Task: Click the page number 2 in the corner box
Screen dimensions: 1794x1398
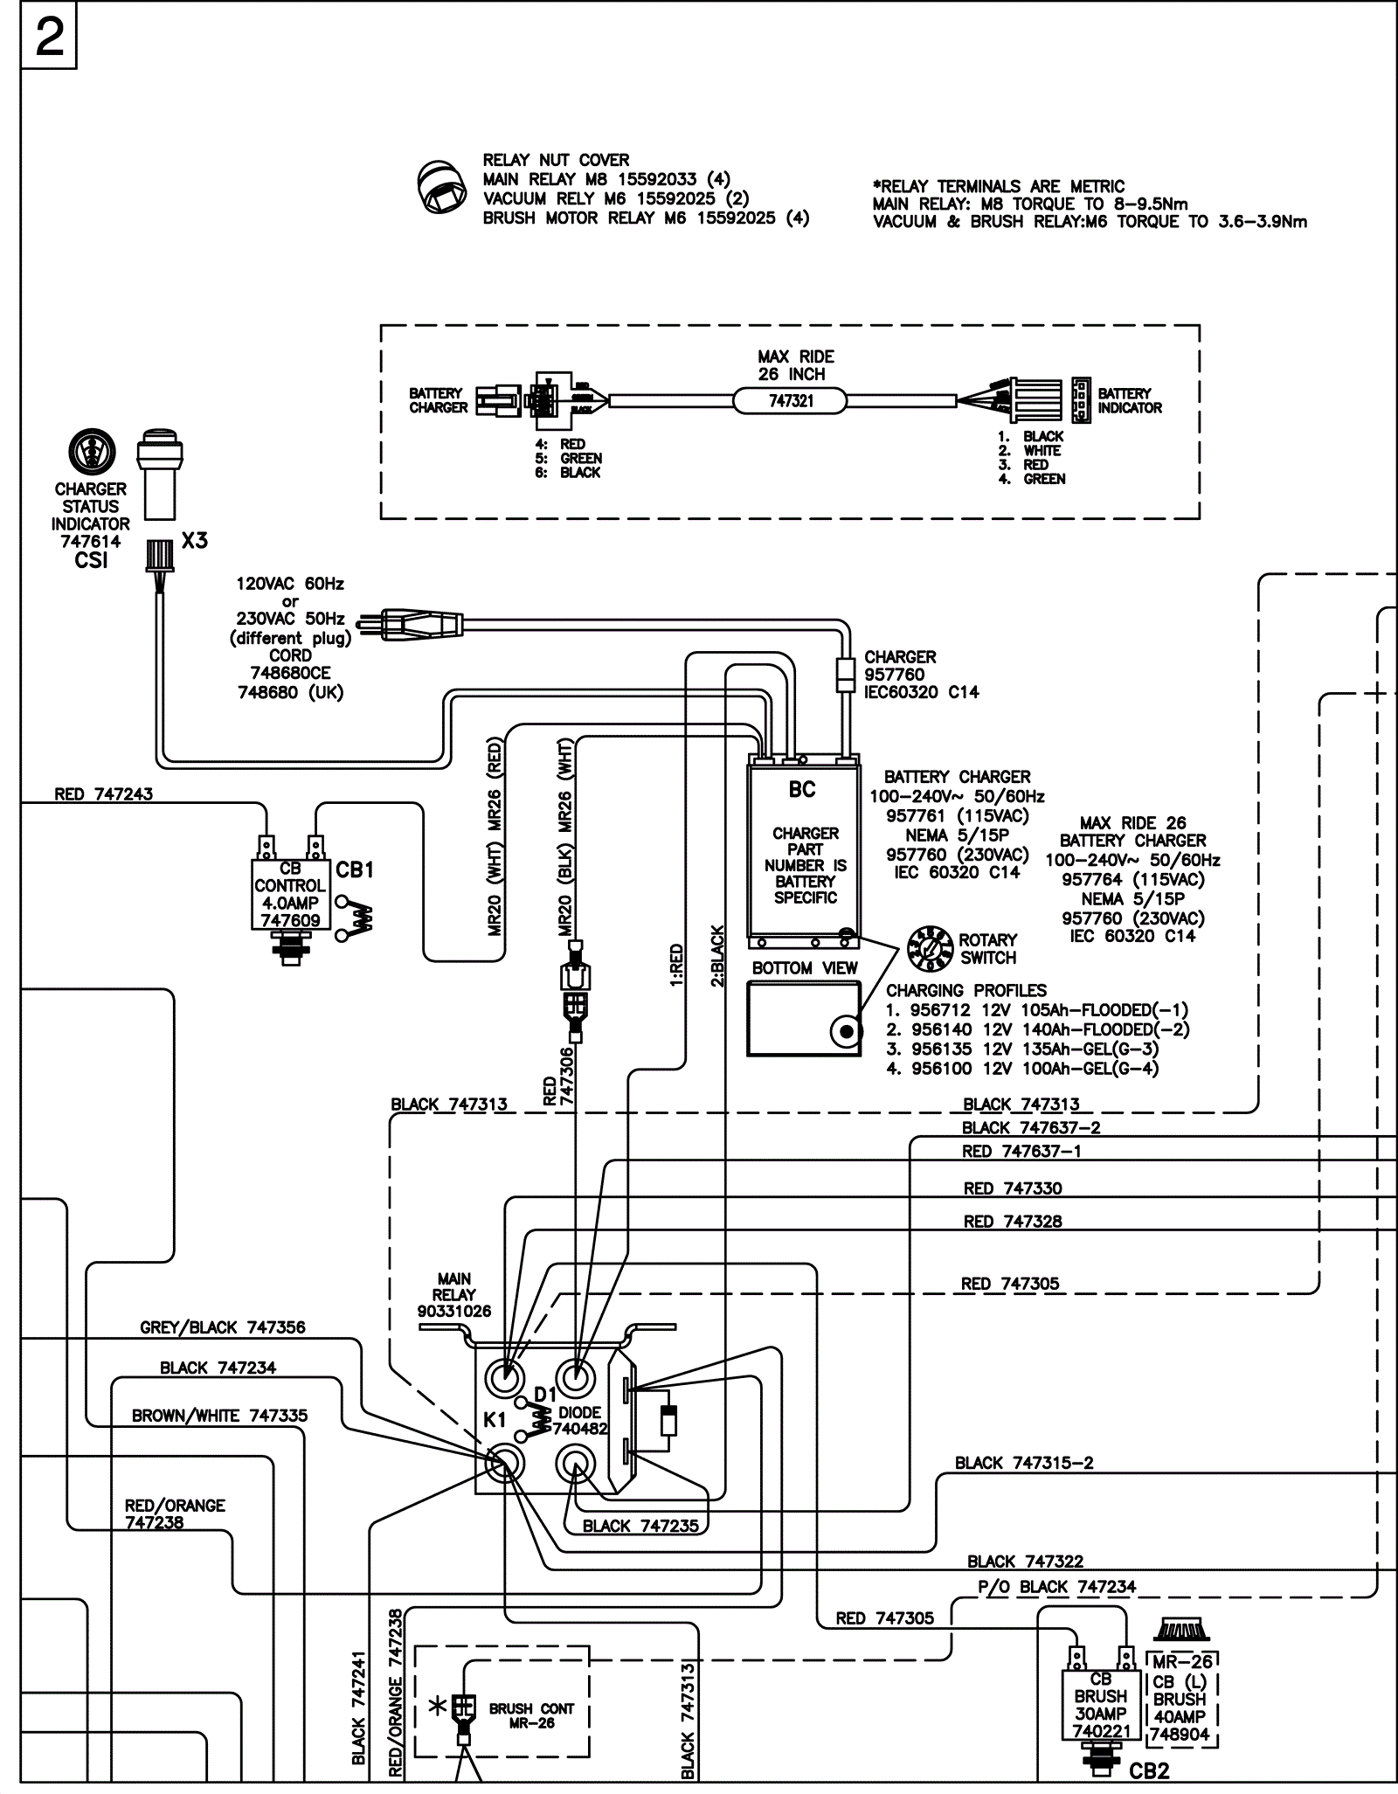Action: tap(50, 37)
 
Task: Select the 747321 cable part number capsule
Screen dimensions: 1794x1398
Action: tap(790, 401)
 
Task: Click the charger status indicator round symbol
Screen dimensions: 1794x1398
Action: tap(92, 452)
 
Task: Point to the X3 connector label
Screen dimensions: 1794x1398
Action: tap(195, 541)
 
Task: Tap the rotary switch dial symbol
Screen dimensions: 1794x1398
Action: tap(930, 949)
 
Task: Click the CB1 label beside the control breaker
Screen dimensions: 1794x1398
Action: tap(355, 870)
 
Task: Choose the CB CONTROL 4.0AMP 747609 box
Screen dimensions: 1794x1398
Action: tap(290, 895)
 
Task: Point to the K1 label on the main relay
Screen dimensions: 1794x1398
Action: tap(495, 1420)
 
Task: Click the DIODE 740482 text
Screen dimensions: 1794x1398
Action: tap(579, 1421)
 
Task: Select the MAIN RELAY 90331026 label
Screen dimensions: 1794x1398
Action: tap(453, 1295)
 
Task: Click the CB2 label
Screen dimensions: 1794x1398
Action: tap(1149, 1771)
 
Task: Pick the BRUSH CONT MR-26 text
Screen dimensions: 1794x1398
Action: tap(531, 1715)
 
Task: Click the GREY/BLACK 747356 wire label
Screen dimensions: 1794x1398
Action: tap(223, 1327)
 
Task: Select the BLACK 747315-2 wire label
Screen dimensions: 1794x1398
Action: tap(1024, 1463)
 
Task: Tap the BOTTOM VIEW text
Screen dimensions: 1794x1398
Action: tap(805, 968)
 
